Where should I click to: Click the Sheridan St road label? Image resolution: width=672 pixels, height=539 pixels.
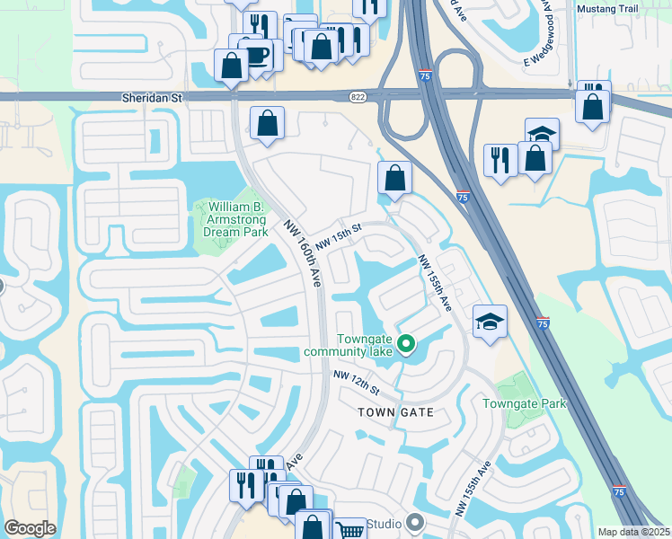coord(151,96)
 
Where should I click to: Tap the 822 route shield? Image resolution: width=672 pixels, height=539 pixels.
coord(357,95)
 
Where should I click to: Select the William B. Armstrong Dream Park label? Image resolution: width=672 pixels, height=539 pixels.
coord(231,218)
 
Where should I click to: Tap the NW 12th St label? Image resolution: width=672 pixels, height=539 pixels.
coord(357,384)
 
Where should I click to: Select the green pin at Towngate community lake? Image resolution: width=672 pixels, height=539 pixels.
coord(406,343)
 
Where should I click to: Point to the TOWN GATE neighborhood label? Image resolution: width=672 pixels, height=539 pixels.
coord(396,412)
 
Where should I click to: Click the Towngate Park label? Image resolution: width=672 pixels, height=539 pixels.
coord(525,403)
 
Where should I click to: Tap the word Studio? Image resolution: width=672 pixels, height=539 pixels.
coord(383,523)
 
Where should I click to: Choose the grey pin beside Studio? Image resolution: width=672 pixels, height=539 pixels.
coord(414,521)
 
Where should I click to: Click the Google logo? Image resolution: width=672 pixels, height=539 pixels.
coord(31,528)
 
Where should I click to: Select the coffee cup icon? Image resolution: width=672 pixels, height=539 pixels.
coord(258,52)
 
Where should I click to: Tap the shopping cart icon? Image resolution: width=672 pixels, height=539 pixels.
coord(347,530)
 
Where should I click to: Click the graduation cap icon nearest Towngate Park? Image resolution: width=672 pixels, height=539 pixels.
coord(490,321)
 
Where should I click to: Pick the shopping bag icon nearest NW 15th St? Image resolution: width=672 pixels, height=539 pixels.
coord(394,176)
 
